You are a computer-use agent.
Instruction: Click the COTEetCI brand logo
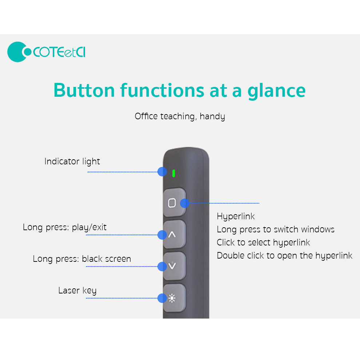click(47, 52)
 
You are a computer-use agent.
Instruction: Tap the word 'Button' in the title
click(84, 90)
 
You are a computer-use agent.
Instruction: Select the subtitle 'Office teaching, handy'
click(180, 116)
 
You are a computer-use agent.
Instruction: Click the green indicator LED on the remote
click(174, 173)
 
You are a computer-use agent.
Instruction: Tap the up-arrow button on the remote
click(175, 234)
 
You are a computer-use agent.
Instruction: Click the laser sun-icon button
click(175, 298)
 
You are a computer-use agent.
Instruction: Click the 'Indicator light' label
click(72, 161)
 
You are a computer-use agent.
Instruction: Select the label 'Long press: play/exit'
click(64, 227)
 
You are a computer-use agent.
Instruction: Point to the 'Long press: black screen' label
click(82, 259)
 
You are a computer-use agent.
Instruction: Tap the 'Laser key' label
click(77, 291)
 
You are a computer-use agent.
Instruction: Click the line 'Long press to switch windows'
click(276, 229)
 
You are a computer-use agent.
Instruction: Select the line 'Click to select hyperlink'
click(263, 243)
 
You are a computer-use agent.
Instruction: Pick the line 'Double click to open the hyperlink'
click(284, 256)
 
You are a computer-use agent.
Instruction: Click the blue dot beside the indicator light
click(162, 172)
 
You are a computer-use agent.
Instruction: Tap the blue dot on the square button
click(185, 203)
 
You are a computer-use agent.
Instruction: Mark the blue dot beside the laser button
click(162, 298)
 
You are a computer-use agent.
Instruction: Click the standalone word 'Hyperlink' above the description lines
click(236, 216)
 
